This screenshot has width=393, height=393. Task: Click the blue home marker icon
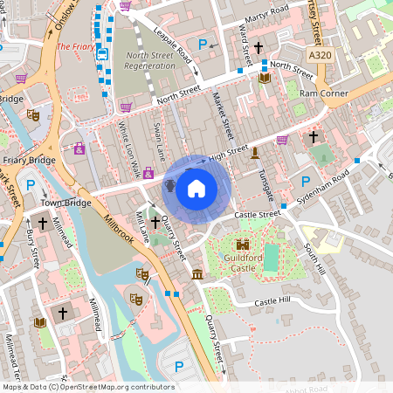tap(196, 188)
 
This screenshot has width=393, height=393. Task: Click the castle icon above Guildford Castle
tap(244, 248)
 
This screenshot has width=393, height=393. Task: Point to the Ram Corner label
tap(322, 93)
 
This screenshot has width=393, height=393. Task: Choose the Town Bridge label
tap(65, 203)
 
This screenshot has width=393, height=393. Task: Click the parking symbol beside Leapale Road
tap(203, 44)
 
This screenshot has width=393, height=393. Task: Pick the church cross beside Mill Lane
tap(155, 224)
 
